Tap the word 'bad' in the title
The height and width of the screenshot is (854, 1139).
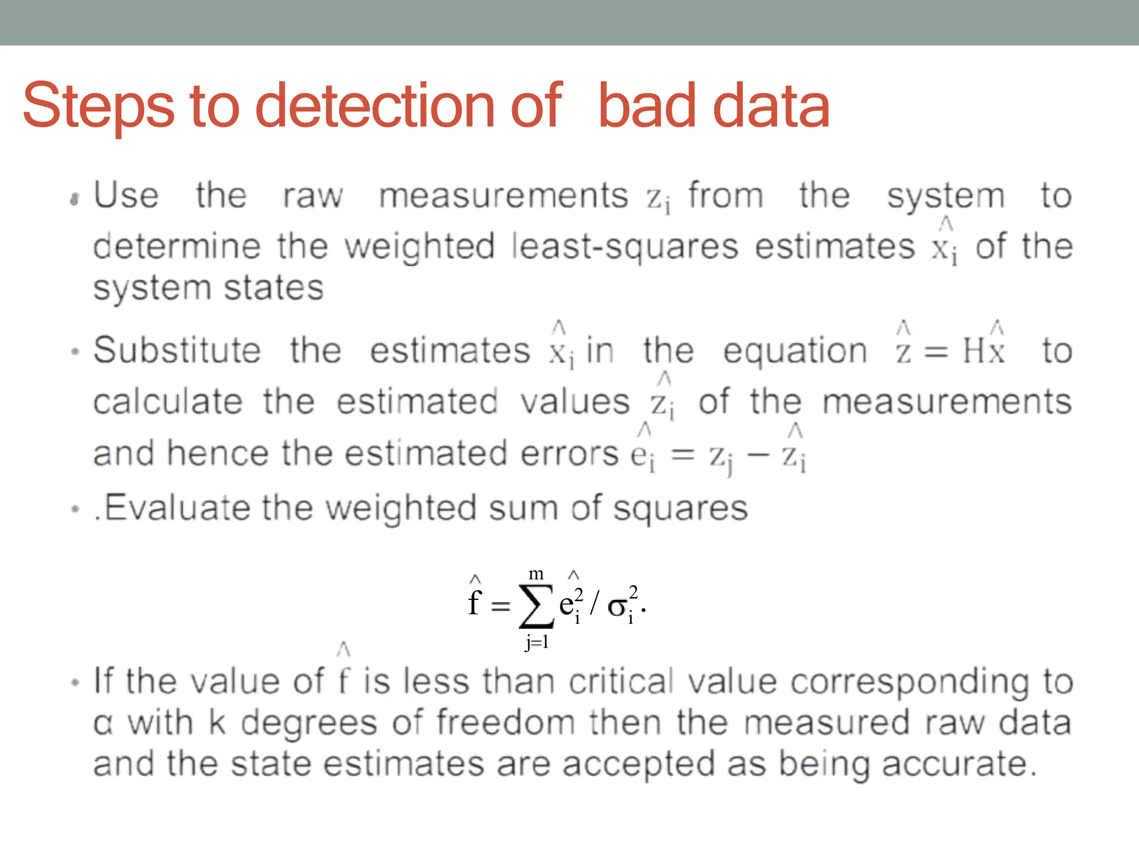(647, 106)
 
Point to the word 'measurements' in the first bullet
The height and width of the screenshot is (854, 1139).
(503, 196)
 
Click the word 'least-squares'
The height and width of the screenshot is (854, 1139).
(625, 247)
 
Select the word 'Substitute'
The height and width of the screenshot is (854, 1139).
(177, 350)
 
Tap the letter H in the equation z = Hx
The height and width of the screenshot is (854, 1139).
(973, 351)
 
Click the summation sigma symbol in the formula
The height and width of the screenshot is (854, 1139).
(536, 605)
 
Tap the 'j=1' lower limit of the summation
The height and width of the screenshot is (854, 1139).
(537, 642)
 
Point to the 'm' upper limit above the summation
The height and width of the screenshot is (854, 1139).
(536, 574)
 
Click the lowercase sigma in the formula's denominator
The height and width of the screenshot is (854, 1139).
(617, 606)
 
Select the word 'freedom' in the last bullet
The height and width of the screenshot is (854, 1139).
(506, 723)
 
